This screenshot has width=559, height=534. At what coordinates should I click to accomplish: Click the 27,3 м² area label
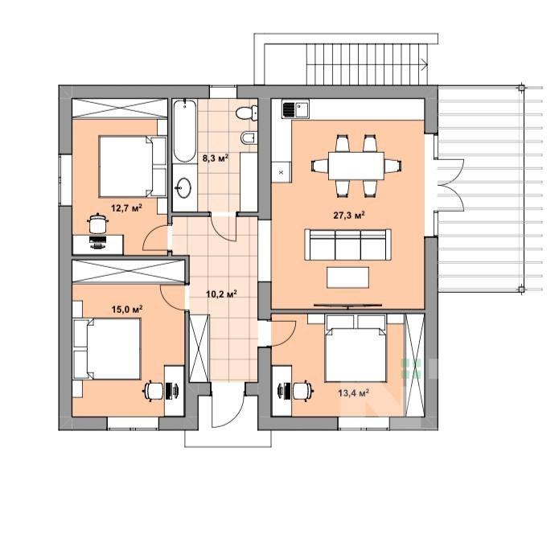[348, 215]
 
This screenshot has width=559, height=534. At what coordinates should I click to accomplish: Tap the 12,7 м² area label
[126, 207]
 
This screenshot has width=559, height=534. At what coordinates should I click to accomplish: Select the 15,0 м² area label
[127, 309]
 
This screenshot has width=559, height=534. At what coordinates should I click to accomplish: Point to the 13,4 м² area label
[353, 392]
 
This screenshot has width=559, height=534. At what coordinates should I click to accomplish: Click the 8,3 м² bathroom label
[216, 158]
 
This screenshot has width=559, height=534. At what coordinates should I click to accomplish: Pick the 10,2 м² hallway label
[222, 294]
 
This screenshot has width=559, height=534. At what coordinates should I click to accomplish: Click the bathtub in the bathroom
[185, 131]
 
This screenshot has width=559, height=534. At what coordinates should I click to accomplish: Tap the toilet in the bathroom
[247, 113]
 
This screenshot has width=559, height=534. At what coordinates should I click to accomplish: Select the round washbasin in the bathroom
[184, 187]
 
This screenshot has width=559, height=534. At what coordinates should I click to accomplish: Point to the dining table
[356, 166]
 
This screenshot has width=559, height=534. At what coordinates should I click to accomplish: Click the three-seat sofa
[347, 244]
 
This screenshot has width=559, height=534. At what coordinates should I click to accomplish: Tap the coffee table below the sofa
[347, 277]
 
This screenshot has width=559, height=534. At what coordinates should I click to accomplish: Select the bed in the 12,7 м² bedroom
[133, 166]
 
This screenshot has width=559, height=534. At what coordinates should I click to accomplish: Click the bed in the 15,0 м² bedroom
[107, 349]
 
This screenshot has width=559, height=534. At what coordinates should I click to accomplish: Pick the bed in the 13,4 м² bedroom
[356, 348]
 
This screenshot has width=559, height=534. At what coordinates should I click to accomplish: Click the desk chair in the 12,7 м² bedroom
[97, 224]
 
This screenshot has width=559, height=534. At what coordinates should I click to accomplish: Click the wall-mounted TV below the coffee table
[348, 306]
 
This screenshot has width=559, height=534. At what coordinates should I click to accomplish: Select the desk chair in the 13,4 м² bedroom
[302, 391]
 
